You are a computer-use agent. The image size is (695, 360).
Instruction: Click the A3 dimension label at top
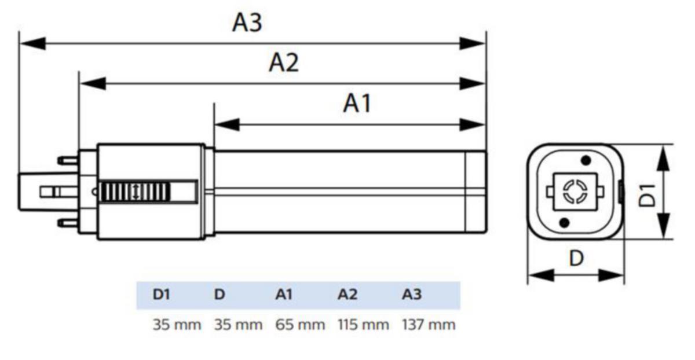click(x=247, y=23)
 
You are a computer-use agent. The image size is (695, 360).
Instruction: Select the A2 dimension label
click(x=284, y=63)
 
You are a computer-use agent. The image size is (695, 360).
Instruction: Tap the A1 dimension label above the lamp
click(x=357, y=104)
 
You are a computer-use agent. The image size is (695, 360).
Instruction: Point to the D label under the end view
click(x=576, y=258)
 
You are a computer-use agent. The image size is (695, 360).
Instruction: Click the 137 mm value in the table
click(x=429, y=325)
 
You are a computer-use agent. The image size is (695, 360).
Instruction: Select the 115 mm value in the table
click(x=363, y=325)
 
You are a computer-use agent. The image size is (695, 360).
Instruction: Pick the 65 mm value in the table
click(x=300, y=325)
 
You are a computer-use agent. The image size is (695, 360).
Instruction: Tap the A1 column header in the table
click(x=284, y=295)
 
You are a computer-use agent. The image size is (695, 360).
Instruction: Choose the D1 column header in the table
click(x=162, y=295)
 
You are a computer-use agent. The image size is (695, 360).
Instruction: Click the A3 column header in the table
click(x=412, y=295)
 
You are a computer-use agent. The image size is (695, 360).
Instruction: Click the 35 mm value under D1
click(x=177, y=325)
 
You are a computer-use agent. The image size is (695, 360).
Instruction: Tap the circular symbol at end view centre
click(x=576, y=190)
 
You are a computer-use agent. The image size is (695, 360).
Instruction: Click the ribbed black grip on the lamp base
click(x=135, y=191)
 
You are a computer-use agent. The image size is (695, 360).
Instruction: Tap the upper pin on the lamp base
click(x=68, y=160)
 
